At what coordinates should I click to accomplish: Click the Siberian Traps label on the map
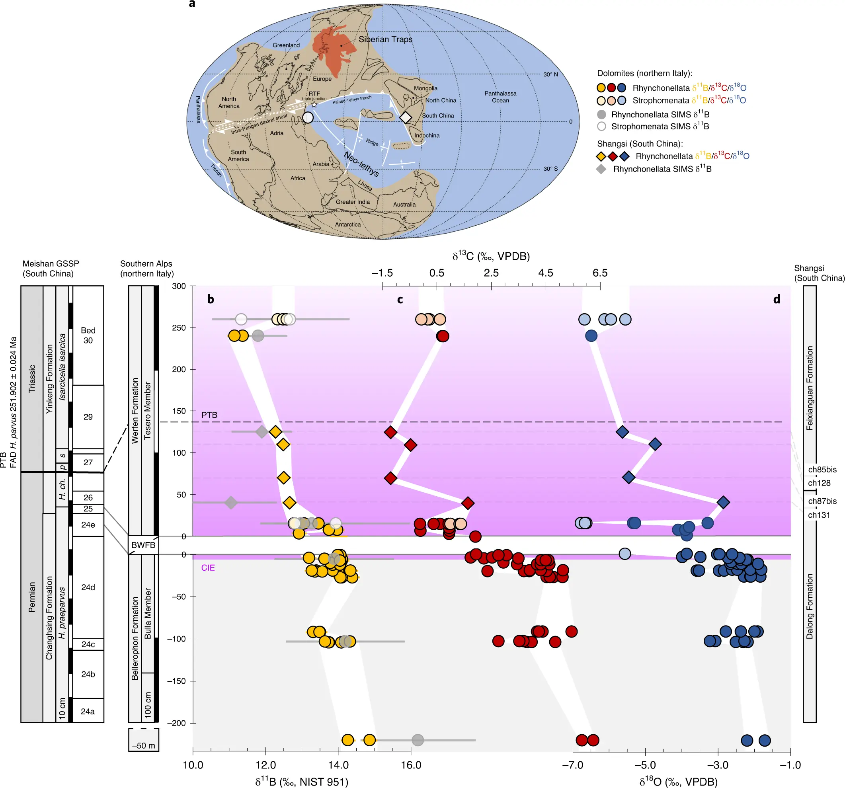(386, 39)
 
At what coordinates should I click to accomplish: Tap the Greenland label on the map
(286, 45)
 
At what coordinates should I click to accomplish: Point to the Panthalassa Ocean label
(500, 97)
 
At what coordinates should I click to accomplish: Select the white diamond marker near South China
(406, 117)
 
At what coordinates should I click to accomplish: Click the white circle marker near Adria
(308, 117)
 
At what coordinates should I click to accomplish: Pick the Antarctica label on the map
(348, 224)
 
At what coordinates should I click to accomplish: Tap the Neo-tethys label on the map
(361, 164)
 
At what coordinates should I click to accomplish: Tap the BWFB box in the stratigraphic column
(143, 545)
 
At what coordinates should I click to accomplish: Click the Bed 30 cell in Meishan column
(88, 335)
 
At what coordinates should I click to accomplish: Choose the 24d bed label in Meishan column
(88, 587)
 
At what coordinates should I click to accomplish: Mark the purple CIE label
(208, 568)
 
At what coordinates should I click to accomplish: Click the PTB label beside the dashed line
(209, 415)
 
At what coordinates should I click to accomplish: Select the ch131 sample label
(819, 515)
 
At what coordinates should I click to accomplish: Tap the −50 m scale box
(144, 740)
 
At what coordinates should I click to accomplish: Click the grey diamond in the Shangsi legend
(601, 169)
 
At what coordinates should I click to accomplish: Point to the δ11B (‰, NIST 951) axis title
(302, 782)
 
